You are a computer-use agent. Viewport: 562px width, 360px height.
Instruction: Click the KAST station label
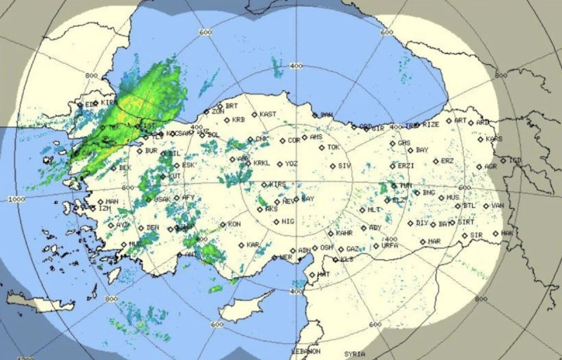[268, 114]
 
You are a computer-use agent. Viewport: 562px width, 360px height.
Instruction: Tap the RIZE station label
[431, 124]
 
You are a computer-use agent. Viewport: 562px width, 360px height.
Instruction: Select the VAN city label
[498, 205]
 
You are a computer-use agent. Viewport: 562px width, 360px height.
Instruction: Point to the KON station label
[235, 224]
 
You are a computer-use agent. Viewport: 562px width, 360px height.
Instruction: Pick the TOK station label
[333, 148]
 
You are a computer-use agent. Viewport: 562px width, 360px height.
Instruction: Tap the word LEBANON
[306, 350]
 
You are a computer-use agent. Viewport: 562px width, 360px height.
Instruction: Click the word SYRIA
[355, 354]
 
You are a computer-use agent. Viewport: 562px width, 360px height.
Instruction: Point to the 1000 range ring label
[16, 200]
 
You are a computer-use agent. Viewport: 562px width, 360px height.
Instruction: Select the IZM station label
[105, 209]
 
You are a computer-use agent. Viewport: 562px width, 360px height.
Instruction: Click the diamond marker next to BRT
[218, 105]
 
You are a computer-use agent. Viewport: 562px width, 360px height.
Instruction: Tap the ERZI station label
[405, 166]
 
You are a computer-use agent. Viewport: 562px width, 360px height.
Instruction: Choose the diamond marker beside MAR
[422, 242]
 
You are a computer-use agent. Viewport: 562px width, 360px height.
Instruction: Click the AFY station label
[188, 198]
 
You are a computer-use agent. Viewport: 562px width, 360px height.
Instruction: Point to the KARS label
[494, 139]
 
